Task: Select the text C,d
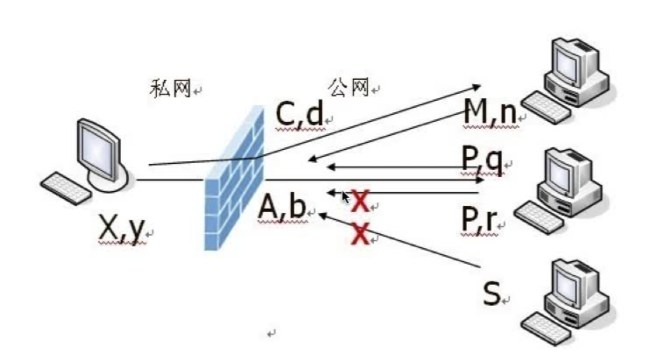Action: [299, 115]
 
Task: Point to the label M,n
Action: [490, 112]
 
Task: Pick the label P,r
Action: [479, 220]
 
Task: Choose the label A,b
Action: [282, 207]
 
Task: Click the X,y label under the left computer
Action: [122, 228]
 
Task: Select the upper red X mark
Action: [360, 201]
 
